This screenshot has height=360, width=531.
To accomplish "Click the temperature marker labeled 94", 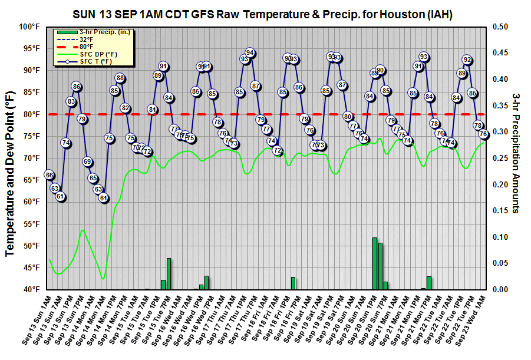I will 250,53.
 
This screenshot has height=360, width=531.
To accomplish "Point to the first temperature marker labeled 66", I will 50,175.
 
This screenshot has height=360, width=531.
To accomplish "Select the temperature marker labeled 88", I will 120,78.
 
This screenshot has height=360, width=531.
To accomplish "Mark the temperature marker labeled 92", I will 467,60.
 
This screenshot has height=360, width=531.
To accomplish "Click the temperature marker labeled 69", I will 87,161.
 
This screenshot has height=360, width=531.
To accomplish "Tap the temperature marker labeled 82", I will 125,108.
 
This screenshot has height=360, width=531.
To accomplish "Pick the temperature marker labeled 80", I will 348,116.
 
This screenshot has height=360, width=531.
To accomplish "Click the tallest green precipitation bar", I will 374,263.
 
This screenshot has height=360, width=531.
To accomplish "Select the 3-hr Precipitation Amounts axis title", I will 516,153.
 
